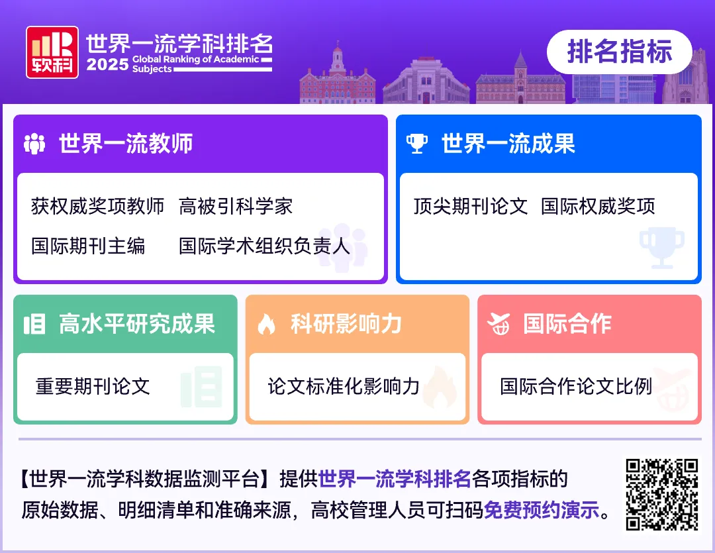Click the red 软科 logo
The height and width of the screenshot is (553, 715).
[x=52, y=52]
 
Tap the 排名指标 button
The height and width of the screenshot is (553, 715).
[x=619, y=52]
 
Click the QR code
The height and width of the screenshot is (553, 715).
[x=662, y=494]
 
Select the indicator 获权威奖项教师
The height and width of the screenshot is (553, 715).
[x=97, y=207]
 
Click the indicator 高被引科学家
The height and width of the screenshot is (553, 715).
[x=236, y=207]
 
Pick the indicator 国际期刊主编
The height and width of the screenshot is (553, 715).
[x=88, y=246]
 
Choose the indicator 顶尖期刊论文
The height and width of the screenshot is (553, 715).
[x=470, y=207]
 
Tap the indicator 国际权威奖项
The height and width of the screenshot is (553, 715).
[x=598, y=207]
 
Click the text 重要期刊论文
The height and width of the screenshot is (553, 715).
[x=93, y=386]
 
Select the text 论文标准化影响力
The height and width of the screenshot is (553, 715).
[x=344, y=386]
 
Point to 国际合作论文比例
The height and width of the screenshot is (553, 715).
[x=576, y=386]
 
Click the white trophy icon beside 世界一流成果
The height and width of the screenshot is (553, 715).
[x=416, y=144]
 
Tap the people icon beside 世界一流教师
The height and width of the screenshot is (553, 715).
[x=34, y=144]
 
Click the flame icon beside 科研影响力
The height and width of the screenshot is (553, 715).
[x=266, y=325]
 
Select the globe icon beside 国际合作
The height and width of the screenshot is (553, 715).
[x=499, y=325]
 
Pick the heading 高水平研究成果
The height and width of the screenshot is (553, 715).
[x=137, y=324]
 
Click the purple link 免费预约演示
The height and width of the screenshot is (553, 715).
[x=541, y=511]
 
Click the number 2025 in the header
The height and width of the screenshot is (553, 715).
[x=107, y=65]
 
